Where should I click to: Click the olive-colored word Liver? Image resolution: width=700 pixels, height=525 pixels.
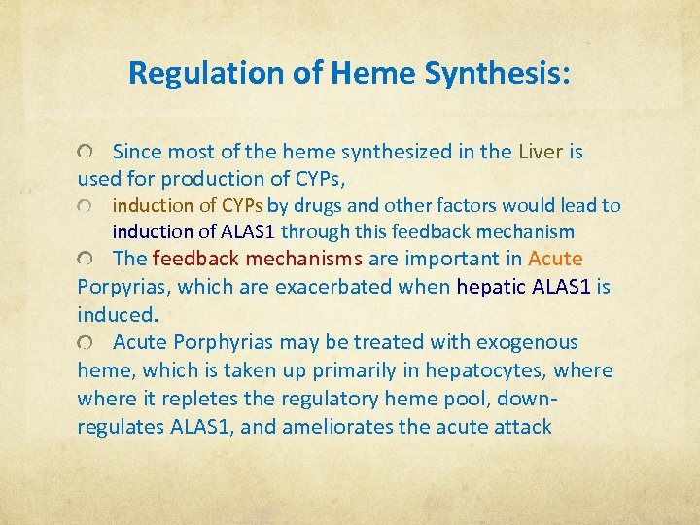click(542, 152)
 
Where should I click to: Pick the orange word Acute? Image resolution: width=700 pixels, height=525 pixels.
click(555, 259)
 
